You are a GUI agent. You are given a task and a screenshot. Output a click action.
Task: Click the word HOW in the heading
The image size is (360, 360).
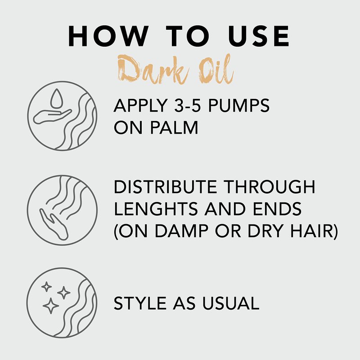click(x=108, y=36)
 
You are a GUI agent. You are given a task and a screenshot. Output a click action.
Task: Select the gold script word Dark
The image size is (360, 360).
click(x=153, y=69)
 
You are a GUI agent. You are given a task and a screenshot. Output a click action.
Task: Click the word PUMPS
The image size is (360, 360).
click(x=238, y=105)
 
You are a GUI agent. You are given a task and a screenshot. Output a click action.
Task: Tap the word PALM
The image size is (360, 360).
click(x=174, y=127)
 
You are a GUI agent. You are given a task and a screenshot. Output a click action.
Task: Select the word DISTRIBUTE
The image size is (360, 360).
click(x=165, y=187)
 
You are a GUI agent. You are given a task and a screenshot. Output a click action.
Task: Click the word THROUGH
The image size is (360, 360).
click(x=269, y=187)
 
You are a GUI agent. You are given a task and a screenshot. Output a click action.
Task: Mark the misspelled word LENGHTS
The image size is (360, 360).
click(x=156, y=209)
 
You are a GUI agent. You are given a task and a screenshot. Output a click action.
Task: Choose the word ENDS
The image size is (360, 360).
click(x=277, y=209)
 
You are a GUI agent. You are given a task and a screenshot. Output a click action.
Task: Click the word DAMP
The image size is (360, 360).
click(x=181, y=230)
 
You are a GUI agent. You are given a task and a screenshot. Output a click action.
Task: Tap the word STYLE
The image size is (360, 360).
click(x=140, y=303)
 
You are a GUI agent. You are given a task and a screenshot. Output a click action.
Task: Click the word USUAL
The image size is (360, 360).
click(x=230, y=303)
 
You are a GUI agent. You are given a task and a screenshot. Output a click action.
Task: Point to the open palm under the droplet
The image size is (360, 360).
click(x=52, y=117)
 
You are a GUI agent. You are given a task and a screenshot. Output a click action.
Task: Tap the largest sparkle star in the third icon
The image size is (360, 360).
click(x=51, y=306)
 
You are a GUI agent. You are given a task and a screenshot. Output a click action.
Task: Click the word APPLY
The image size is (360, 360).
click(x=140, y=105)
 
